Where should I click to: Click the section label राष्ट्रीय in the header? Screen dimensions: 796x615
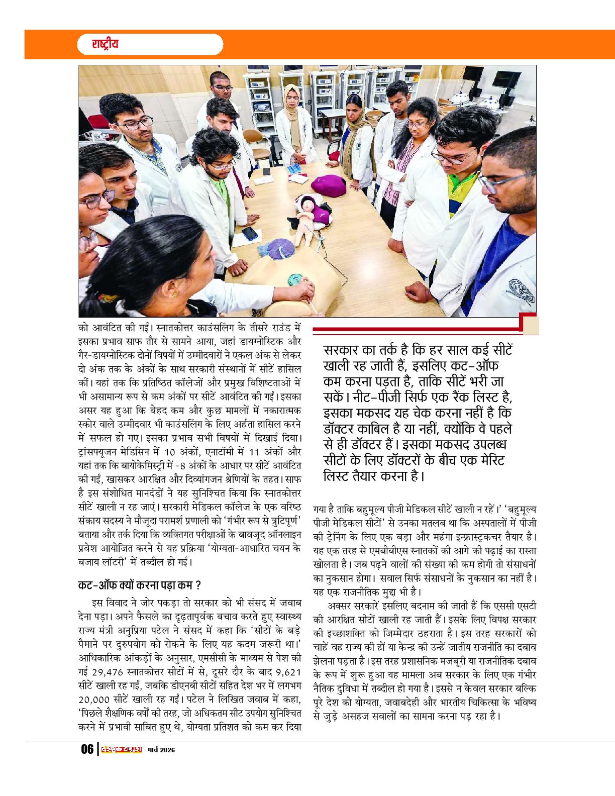[x=105, y=44]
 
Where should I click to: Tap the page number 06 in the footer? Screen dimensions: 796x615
[x=87, y=749]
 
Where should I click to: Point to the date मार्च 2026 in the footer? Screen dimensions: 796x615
[x=161, y=750]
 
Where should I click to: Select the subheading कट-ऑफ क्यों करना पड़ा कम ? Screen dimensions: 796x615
[x=140, y=585]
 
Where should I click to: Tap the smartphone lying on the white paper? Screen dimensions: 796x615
[x=250, y=233]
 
